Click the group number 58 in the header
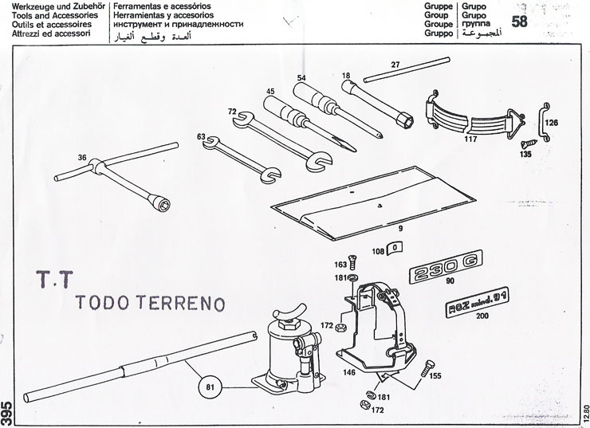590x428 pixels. tap(519, 22)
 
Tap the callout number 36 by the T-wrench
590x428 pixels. tap(82, 157)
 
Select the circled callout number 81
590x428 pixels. tap(210, 388)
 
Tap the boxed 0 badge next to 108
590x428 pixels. tap(395, 247)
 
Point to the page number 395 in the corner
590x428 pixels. tap(7, 411)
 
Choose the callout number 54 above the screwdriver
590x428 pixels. tap(302, 77)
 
